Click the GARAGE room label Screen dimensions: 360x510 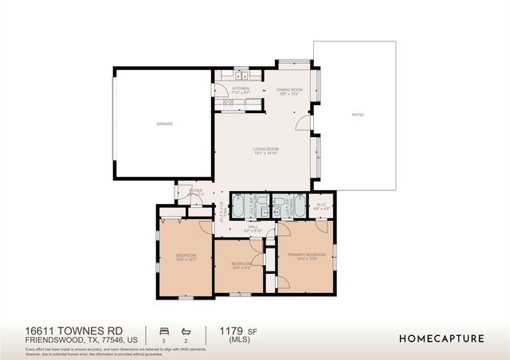coord(164,123)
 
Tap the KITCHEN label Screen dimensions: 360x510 coord(241,88)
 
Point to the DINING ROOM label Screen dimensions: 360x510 coord(290,90)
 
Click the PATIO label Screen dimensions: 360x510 coord(358,115)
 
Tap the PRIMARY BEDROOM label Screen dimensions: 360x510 coord(307,254)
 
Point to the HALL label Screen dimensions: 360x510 coord(253,227)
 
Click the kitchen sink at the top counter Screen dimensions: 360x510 coord(241,76)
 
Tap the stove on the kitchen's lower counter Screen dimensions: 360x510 coord(228,103)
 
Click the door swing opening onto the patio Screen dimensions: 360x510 coord(304,123)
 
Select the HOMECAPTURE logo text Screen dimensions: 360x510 coord(441,338)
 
